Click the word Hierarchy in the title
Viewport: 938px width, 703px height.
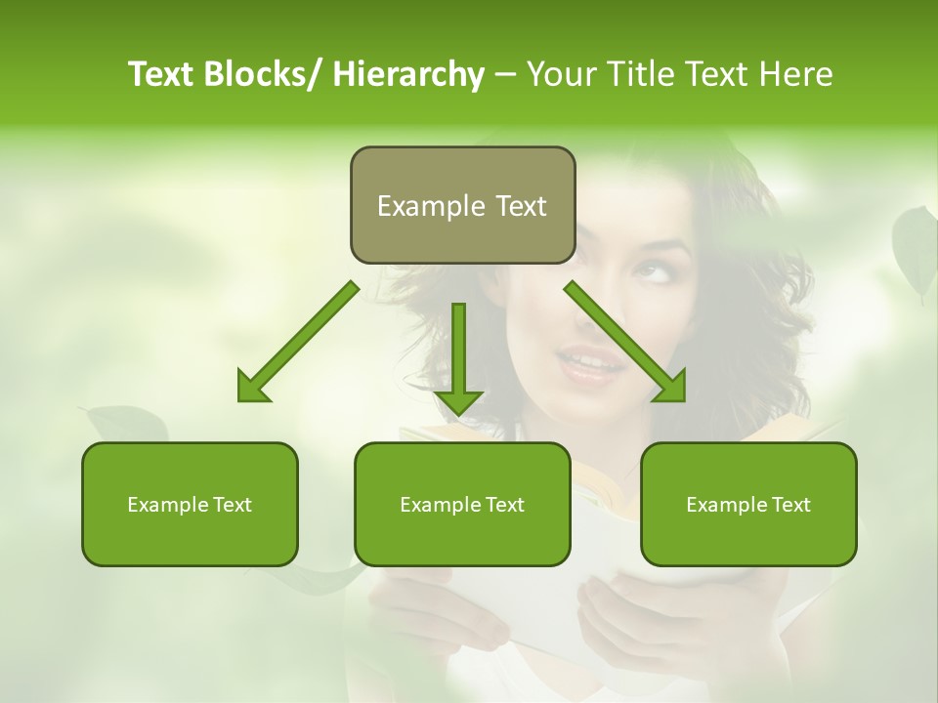pyautogui.click(x=408, y=74)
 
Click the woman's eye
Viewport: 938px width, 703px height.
pyautogui.click(x=656, y=272)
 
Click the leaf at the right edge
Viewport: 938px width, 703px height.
pyautogui.click(x=915, y=244)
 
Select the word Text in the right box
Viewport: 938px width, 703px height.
pyautogui.click(x=790, y=505)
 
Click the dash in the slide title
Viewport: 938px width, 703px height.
pyautogui.click(x=505, y=75)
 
